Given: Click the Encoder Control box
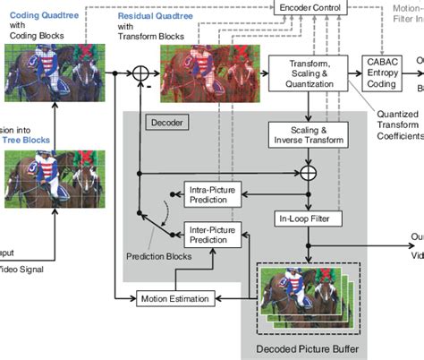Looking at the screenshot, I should click(311, 8).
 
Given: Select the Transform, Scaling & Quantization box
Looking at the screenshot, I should click(308, 73).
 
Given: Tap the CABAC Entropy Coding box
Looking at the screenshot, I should click(386, 72).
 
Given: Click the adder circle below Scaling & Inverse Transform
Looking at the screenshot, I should click(309, 171).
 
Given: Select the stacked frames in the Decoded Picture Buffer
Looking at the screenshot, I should click(305, 295).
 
